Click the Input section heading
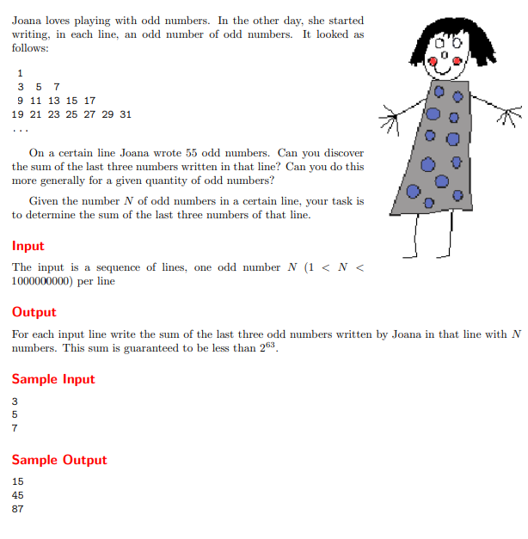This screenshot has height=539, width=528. [x=28, y=246]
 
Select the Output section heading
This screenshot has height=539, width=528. [x=34, y=312]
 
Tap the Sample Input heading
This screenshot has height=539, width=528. [x=53, y=379]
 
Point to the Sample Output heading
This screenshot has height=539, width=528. [x=59, y=460]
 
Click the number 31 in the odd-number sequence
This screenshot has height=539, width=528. [x=126, y=113]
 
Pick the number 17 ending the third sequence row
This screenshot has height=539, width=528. [x=89, y=100]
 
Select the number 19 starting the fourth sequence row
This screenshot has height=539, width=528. [x=18, y=113]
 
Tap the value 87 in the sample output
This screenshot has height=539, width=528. [x=18, y=509]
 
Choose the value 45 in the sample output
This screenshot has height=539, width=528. [x=18, y=495]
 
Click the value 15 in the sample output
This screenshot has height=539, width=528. [x=18, y=481]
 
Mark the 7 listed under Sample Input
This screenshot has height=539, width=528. [x=15, y=428]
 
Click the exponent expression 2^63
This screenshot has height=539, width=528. [x=269, y=348]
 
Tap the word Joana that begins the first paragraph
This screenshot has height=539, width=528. [x=28, y=20]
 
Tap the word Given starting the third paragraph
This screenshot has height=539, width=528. [x=45, y=200]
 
